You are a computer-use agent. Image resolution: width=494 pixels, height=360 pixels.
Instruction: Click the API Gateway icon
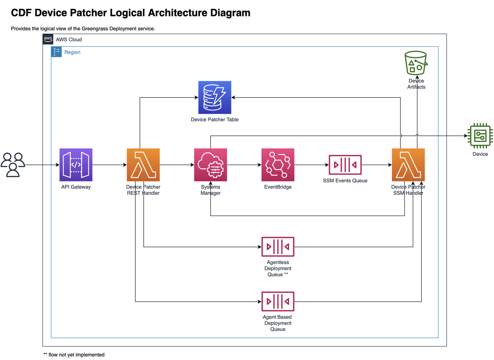click(76, 165)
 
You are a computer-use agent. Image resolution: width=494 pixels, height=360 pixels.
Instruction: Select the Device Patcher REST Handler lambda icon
click(143, 165)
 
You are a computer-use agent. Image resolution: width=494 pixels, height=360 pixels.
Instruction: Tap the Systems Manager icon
click(210, 165)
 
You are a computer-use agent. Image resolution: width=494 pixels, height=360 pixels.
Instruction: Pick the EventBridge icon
click(278, 165)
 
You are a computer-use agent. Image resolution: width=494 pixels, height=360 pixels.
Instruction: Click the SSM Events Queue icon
click(345, 165)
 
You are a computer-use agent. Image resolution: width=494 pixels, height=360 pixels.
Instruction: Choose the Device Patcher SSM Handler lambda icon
click(408, 165)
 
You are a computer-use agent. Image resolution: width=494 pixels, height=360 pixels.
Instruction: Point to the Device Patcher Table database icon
click(215, 97)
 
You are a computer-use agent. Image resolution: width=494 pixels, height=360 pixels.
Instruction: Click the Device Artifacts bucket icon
click(416, 63)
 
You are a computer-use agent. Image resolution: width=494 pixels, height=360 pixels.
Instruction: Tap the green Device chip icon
click(480, 136)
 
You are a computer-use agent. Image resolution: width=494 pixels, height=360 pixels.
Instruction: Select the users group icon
click(13, 165)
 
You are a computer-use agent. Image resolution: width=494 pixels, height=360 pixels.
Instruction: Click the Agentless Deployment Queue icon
click(278, 247)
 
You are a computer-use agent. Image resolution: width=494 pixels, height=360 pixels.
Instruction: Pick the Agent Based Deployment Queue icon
click(278, 301)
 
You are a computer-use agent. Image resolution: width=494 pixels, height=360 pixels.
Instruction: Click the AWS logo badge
click(48, 39)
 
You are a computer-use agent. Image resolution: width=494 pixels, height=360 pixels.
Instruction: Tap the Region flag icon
click(56, 52)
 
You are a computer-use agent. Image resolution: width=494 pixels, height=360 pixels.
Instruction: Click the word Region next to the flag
click(72, 52)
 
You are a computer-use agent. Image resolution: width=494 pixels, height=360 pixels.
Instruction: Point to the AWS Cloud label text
click(69, 40)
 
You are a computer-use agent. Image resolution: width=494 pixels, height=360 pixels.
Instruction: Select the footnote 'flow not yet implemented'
click(77, 355)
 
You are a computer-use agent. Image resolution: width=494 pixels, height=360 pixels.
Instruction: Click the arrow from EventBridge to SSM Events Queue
click(311, 165)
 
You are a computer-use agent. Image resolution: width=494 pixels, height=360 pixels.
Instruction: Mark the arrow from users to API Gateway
click(42, 165)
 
